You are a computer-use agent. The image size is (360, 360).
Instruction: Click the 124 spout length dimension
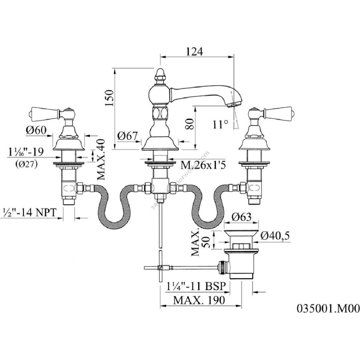coord(195,52)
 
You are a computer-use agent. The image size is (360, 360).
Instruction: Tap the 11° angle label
coord(220,124)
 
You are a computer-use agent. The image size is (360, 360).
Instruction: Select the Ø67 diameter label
coord(128,136)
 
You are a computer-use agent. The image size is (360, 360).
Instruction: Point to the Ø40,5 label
coord(275,236)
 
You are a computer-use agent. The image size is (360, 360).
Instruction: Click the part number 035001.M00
coord(328,308)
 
